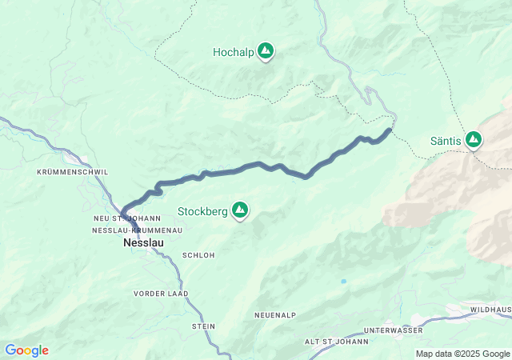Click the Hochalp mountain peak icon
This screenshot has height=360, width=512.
(x=266, y=52)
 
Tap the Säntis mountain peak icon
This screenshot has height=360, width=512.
(x=474, y=140)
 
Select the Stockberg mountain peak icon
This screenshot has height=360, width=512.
(x=239, y=210)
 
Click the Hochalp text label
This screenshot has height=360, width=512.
(x=232, y=52)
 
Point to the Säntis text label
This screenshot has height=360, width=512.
(x=446, y=141)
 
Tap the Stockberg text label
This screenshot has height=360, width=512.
(x=202, y=211)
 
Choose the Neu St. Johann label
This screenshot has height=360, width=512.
(x=127, y=218)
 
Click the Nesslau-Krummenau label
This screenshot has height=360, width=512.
(x=138, y=230)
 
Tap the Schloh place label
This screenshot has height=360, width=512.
(x=198, y=255)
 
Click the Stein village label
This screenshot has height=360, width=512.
(x=204, y=326)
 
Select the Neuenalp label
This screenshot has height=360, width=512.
(x=276, y=316)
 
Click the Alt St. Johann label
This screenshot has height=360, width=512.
(x=337, y=342)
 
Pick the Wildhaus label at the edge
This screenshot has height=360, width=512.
(x=490, y=309)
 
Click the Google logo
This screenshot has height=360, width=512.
(x=26, y=350)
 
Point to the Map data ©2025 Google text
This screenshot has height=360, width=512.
(x=462, y=354)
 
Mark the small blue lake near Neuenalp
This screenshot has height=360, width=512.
(x=343, y=282)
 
